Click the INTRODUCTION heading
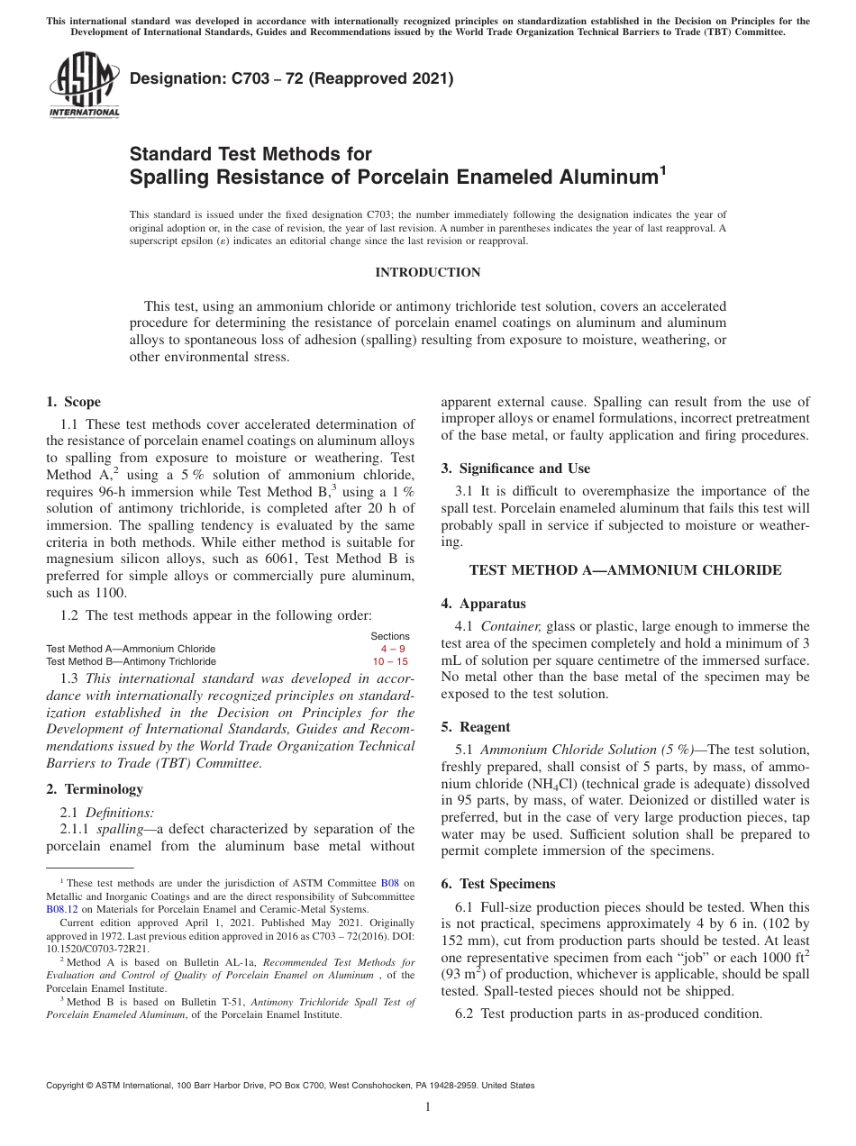point(427,272)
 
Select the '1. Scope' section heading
point(73,402)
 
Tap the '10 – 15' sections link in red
point(391,661)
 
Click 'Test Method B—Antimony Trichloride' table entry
point(132,661)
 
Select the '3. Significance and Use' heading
point(515,468)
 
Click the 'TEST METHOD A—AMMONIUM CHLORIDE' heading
point(625,569)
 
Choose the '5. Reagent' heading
point(476,727)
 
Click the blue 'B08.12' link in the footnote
point(60,910)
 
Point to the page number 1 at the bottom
point(427,1107)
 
